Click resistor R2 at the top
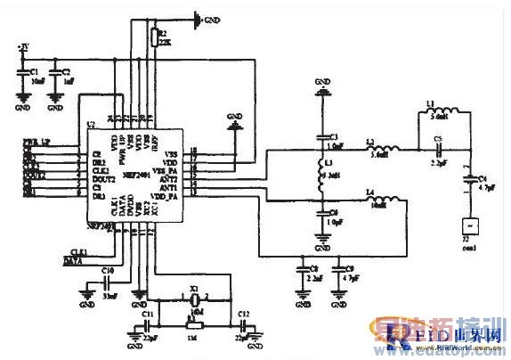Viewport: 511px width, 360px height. pyautogui.click(x=153, y=37)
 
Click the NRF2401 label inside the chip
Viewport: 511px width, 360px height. pyautogui.click(x=138, y=173)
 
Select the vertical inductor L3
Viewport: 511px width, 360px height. pyautogui.click(x=321, y=175)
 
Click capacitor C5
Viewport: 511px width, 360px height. pyautogui.click(x=437, y=149)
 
